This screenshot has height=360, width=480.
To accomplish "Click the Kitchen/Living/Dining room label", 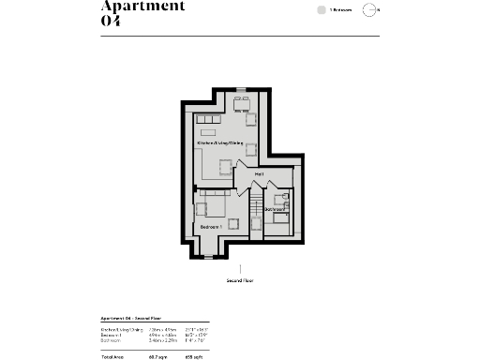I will tap(219, 142).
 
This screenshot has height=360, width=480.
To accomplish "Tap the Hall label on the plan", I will tap(259, 174).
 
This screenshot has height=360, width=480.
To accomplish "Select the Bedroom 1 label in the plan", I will tap(210, 227).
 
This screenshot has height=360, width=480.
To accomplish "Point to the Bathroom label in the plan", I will tap(274, 209).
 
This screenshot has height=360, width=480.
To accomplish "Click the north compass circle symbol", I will tap(371, 10).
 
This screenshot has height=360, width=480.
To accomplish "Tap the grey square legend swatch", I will tap(321, 10).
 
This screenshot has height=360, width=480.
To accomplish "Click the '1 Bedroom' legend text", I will tap(341, 10).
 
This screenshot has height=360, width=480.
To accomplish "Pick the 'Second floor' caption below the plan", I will tap(240, 280).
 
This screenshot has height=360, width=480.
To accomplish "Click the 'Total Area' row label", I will tap(112, 357).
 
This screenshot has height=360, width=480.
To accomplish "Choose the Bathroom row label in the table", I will tap(110, 340).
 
